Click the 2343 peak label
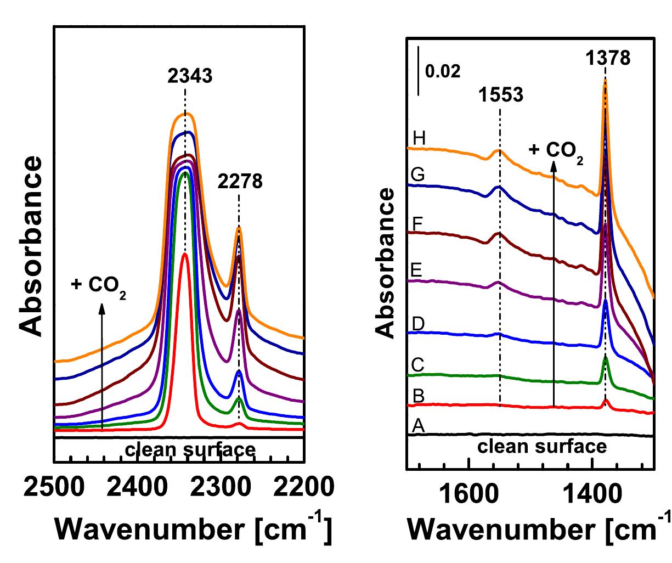coord(189,76)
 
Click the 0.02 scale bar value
coord(443,71)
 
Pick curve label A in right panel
coord(418,425)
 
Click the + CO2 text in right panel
coord(556,150)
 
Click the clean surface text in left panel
coord(190,450)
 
